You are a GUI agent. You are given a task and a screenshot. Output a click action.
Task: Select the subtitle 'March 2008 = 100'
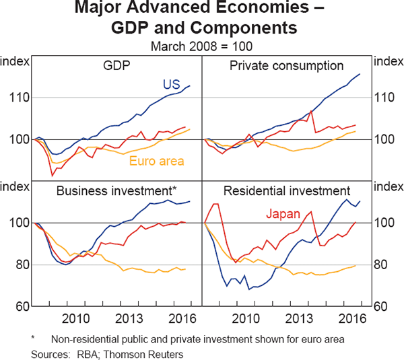click(x=201, y=46)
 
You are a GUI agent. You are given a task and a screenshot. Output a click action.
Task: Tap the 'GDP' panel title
click(x=117, y=66)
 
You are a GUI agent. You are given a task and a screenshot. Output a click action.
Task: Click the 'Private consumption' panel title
click(x=287, y=66)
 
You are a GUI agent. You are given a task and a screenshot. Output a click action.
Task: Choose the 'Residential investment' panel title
click(x=287, y=190)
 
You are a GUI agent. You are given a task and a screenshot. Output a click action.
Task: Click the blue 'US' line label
click(x=170, y=85)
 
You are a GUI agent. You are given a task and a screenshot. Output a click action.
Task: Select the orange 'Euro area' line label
click(x=157, y=161)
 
